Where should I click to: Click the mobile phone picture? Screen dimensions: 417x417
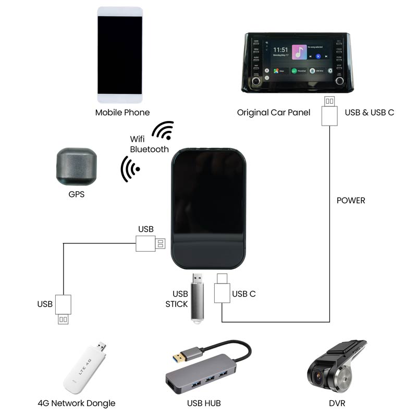click(120, 55)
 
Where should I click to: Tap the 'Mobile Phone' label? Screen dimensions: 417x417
click(122, 112)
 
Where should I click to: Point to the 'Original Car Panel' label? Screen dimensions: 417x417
click(273, 112)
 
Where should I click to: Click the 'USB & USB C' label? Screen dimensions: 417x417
click(369, 112)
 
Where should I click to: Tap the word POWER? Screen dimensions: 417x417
click(351, 200)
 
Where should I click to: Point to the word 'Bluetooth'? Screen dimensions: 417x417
click(149, 149)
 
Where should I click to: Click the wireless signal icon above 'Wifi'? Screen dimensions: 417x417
click(163, 130)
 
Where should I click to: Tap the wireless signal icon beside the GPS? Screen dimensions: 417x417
click(130, 169)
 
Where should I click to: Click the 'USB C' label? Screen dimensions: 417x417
click(244, 294)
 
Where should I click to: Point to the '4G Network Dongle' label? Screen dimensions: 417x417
click(77, 403)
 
